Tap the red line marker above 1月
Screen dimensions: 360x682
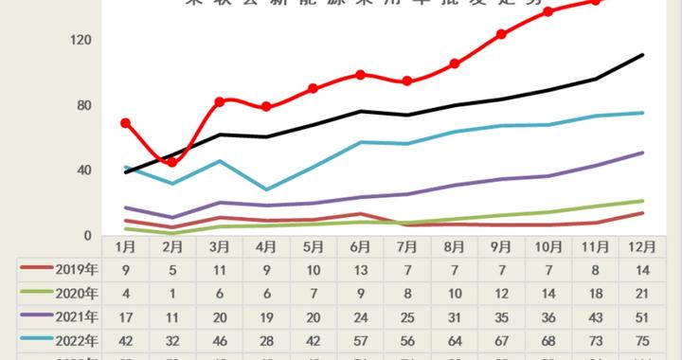(126, 123)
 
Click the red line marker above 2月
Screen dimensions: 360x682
(172, 163)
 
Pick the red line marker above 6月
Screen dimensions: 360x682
(361, 74)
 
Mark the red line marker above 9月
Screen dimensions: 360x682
(501, 34)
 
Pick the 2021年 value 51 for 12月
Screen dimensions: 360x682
(641, 317)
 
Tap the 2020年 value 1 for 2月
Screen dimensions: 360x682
(172, 293)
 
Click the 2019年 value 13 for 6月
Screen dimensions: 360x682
(361, 268)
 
